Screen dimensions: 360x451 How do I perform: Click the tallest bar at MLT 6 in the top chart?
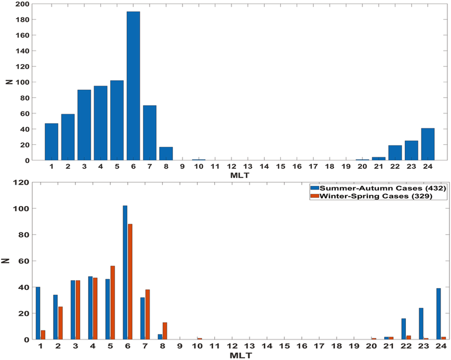(133, 85)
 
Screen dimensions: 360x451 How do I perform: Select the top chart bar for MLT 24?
(428, 144)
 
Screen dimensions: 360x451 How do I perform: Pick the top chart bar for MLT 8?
(166, 153)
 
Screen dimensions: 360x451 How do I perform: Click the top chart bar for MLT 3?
(84, 125)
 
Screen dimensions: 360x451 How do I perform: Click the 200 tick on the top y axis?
(23, 4)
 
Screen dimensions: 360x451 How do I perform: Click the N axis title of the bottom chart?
(7, 261)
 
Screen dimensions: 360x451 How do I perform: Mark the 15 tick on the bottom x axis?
(284, 346)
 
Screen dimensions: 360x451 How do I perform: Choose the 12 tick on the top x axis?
(231, 167)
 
